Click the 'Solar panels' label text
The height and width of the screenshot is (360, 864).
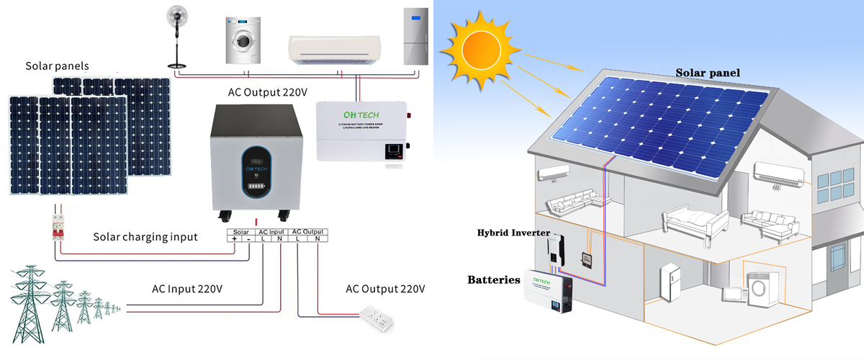coord(57,66)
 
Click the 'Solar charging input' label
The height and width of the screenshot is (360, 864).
coord(145,237)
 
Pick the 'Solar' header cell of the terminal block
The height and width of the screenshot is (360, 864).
coord(241,230)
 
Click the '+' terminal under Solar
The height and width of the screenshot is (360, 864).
coord(234,239)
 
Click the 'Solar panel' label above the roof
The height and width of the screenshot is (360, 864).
coord(707,72)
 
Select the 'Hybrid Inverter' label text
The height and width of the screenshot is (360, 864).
coord(513,233)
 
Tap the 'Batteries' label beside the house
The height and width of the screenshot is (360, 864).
coord(493,279)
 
